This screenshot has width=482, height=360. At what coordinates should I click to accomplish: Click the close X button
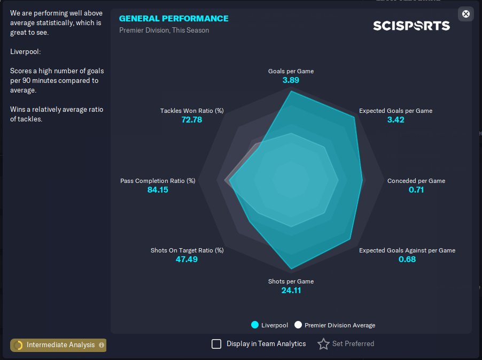click(x=466, y=14)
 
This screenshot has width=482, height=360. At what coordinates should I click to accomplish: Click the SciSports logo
click(x=411, y=26)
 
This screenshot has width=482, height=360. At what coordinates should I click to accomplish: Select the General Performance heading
click(x=174, y=19)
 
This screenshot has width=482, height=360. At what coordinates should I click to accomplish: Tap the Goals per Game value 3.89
click(x=291, y=80)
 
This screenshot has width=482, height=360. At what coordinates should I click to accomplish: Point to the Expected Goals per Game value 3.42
click(x=395, y=120)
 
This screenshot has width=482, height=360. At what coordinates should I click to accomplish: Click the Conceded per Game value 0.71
click(x=416, y=189)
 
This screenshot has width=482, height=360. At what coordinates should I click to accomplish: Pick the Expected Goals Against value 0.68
click(x=407, y=259)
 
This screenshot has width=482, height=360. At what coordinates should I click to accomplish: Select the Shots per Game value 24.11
click(x=291, y=290)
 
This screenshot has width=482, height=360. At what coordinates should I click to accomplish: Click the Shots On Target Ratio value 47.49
click(x=186, y=259)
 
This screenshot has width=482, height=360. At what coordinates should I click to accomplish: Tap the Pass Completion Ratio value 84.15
click(x=158, y=189)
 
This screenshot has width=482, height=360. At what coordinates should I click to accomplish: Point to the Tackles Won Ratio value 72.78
click(x=191, y=120)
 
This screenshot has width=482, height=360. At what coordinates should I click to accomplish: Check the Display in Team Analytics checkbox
click(x=216, y=344)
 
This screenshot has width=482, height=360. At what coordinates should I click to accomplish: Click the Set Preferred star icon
click(x=323, y=344)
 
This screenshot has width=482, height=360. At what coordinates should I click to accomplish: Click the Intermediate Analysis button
click(x=58, y=345)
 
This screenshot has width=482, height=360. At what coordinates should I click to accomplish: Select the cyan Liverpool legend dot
click(x=255, y=325)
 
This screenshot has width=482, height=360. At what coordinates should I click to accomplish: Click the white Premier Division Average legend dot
click(x=298, y=325)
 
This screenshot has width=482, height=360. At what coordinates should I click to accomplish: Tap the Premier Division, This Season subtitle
click(x=164, y=30)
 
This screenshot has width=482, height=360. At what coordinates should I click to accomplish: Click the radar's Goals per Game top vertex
click(x=291, y=91)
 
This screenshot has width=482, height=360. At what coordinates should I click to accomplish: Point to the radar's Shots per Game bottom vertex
click(x=291, y=269)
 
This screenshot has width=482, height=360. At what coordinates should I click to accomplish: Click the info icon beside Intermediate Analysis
click(x=102, y=345)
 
